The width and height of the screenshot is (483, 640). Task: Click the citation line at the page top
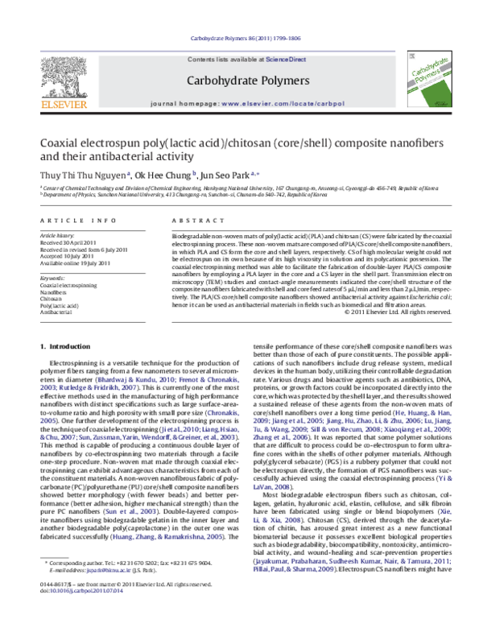(242, 39)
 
